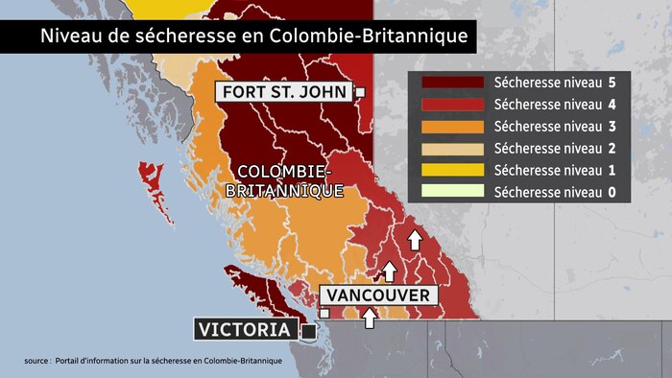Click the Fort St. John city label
coord(284,92)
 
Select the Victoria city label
coord(244,330)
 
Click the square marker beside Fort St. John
coord(361,92)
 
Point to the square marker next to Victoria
coord(309,331)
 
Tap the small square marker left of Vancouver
coord(325,313)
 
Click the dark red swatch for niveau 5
coord(450,83)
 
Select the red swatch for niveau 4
coord(450,105)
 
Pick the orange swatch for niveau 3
coord(450,126)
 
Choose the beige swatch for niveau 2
coord(450,148)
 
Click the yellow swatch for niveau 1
coord(450,170)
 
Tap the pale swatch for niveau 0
coord(450,192)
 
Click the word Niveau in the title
coord(67,37)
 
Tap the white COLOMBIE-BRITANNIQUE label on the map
coord(284,180)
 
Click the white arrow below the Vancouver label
coord(370,317)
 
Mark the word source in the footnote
coord(36,361)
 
